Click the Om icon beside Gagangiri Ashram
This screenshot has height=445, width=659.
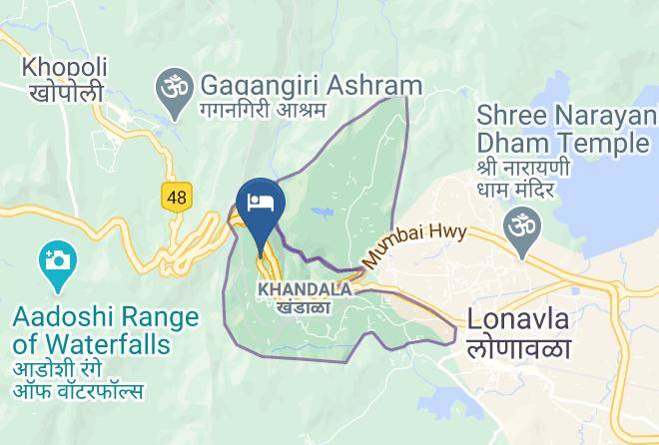(x=172, y=85)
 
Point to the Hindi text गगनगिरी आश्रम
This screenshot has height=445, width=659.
(x=263, y=108)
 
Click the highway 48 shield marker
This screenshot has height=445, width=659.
(x=177, y=197)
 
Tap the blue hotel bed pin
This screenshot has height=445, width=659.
(x=261, y=204)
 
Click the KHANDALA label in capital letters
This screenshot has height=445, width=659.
(x=305, y=289)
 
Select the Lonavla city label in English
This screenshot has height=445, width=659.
(x=518, y=321)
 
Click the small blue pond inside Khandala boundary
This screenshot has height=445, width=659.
(x=325, y=213)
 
